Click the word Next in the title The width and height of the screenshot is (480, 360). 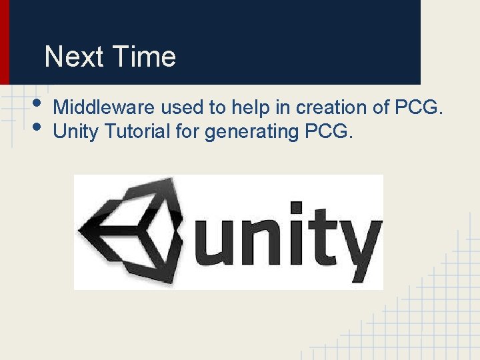click(71, 57)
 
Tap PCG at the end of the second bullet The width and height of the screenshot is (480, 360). click(327, 132)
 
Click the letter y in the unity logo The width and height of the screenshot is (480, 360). click(360, 247)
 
